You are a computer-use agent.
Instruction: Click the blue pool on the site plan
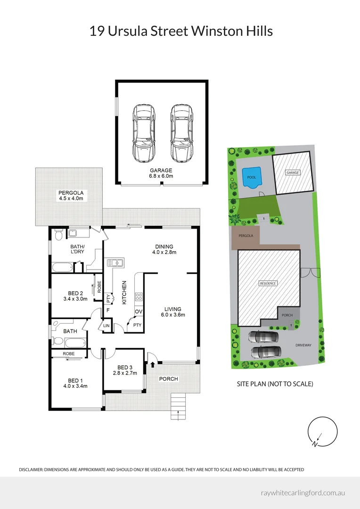click(252, 178)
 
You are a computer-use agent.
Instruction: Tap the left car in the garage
click(143, 133)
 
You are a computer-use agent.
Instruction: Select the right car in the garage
click(182, 133)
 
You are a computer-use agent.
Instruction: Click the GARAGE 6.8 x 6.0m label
click(161, 173)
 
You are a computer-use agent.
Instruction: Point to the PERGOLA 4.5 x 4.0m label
click(71, 196)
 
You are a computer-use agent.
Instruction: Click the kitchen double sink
click(115, 263)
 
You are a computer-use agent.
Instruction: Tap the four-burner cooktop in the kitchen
click(139, 296)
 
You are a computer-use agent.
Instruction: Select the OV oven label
click(139, 312)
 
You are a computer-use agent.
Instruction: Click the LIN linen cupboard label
click(106, 326)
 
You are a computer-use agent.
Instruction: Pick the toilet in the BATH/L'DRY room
click(58, 234)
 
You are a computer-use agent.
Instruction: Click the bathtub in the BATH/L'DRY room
click(63, 268)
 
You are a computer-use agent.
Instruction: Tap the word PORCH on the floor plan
click(169, 379)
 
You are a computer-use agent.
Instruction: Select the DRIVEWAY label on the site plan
click(303, 345)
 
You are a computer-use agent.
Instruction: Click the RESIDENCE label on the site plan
click(268, 283)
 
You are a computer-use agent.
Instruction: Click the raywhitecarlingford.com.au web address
click(303, 493)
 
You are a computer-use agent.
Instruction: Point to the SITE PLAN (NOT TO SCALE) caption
click(275, 384)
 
